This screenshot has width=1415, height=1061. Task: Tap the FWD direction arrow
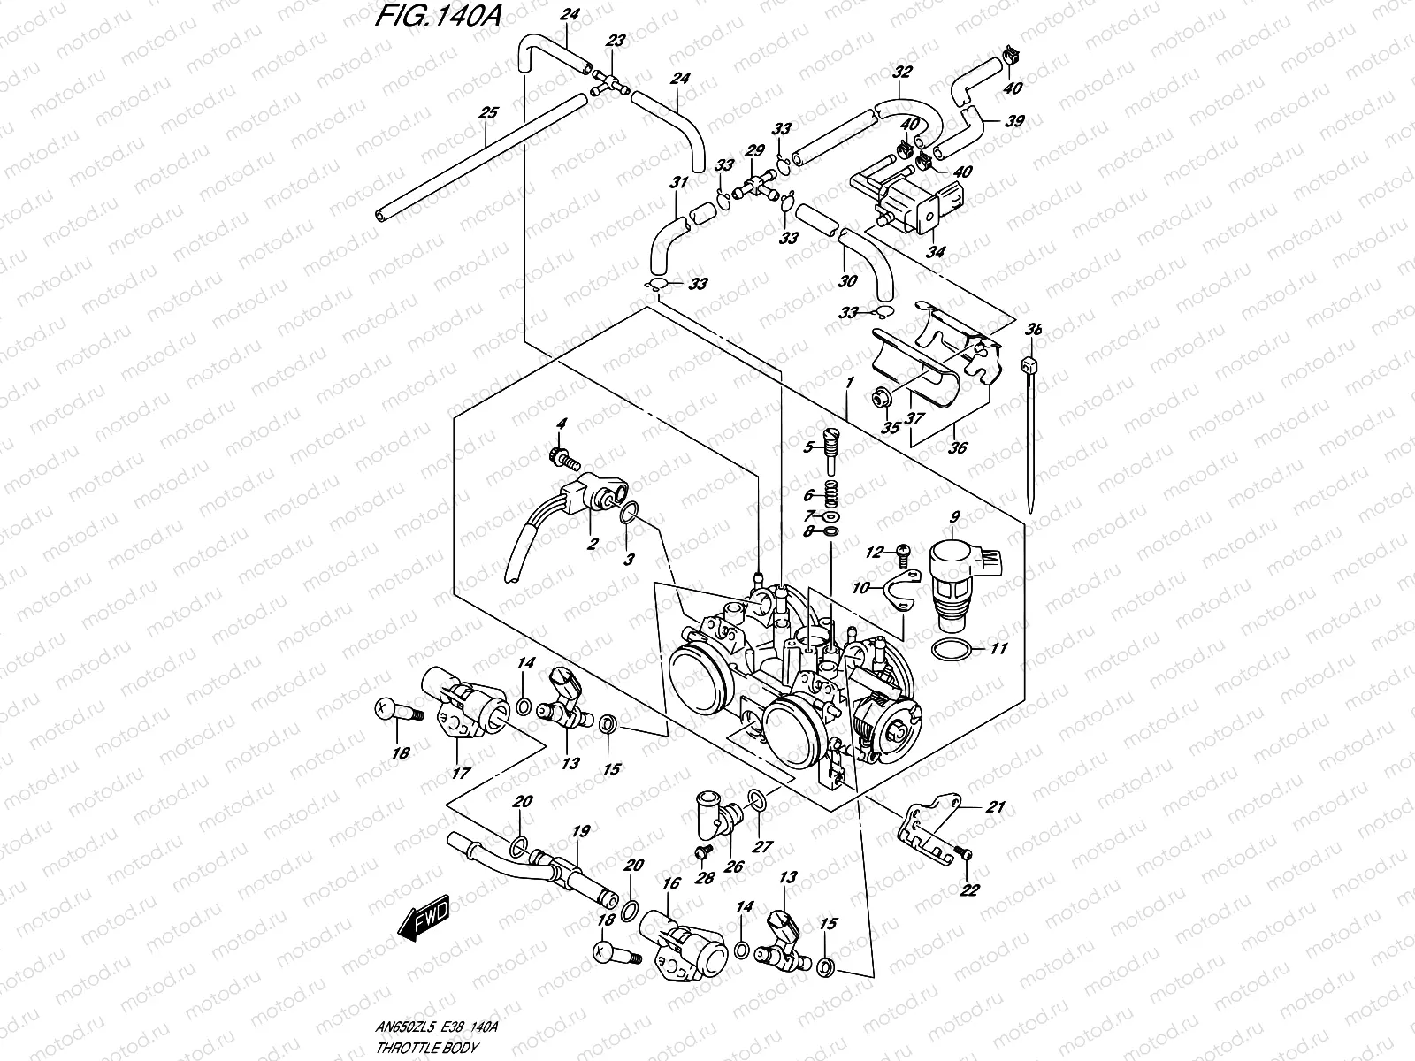(x=424, y=917)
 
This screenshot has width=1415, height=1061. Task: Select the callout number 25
(x=488, y=113)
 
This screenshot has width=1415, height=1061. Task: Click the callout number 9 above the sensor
(x=955, y=516)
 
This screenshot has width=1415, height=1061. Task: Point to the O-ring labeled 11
(x=955, y=650)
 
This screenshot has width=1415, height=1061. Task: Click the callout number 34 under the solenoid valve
(x=935, y=251)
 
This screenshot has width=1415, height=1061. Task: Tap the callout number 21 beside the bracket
(x=997, y=806)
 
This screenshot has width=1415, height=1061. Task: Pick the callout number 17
(x=461, y=772)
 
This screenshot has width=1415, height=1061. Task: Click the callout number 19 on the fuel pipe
(x=580, y=831)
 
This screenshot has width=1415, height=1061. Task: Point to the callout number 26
(x=733, y=866)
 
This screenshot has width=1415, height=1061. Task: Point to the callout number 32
(x=902, y=73)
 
